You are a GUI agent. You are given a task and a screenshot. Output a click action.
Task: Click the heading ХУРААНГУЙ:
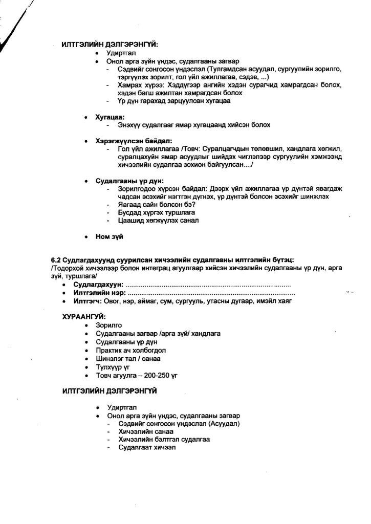(x=83, y=317)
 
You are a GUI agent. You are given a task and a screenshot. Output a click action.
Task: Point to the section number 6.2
(x=56, y=260)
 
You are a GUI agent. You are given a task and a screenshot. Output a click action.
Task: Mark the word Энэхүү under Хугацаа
(x=130, y=125)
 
